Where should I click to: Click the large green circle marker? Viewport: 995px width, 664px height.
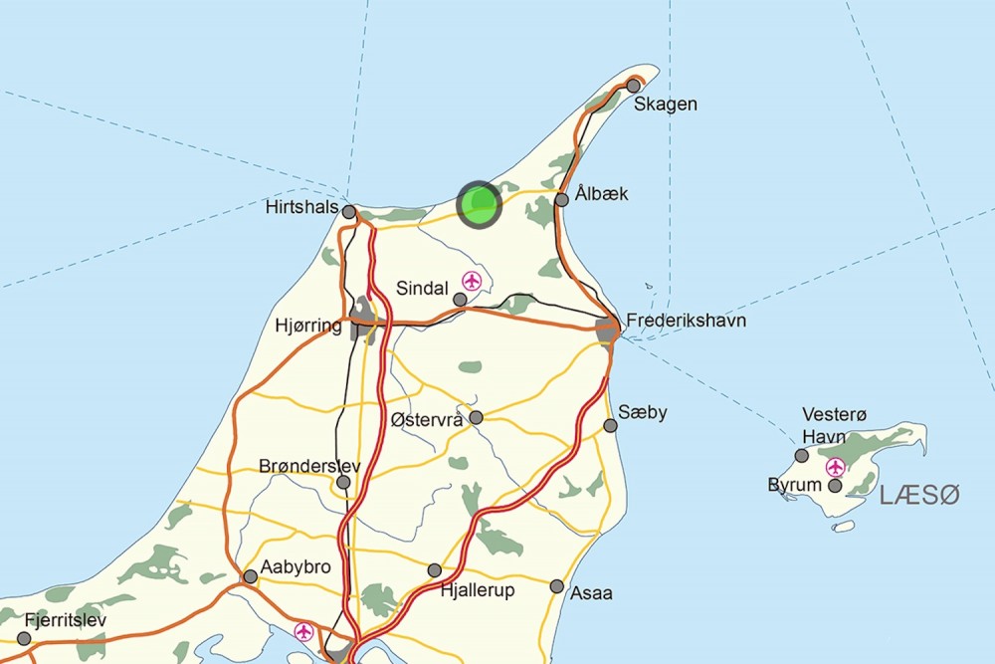[480, 204]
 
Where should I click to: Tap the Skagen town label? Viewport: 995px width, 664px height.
[666, 105]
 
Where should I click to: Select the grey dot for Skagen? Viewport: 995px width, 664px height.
[633, 86]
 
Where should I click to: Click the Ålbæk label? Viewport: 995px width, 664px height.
[601, 193]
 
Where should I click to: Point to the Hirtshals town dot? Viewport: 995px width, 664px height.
[349, 212]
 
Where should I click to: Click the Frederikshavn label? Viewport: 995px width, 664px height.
[686, 322]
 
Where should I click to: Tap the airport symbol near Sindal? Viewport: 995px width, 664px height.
[472, 281]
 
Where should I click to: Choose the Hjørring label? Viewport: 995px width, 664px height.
[307, 326]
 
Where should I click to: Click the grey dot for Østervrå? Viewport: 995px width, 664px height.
[477, 417]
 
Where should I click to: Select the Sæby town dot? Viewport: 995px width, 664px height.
[611, 426]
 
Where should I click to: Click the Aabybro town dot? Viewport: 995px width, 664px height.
[251, 576]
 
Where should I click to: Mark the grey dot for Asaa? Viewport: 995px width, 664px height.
[557, 586]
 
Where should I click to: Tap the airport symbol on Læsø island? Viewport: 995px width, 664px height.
[835, 466]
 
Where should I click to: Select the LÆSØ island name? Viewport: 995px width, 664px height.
[920, 494]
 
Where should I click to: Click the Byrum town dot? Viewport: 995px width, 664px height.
[835, 486]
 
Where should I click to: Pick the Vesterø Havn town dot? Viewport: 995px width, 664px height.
[802, 456]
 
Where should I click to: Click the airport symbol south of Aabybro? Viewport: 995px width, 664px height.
[303, 632]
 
